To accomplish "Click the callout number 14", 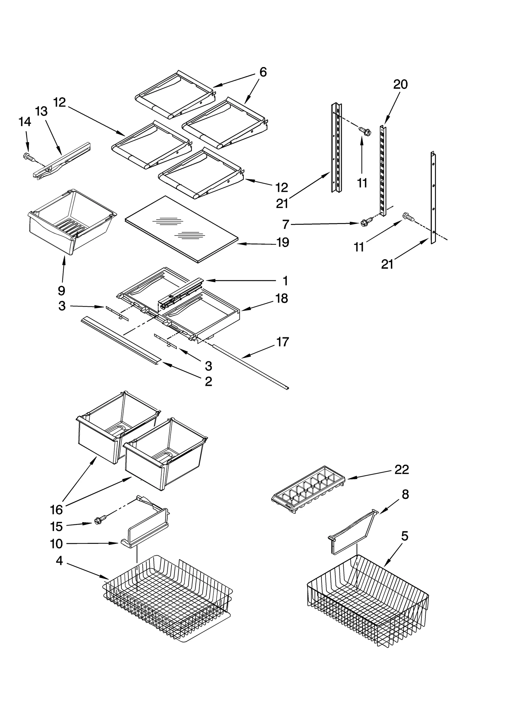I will point(25,122).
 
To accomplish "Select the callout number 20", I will point(400,85).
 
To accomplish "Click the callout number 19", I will point(283,243).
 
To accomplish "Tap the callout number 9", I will point(62,290).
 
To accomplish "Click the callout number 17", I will point(282,342).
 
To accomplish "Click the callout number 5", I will point(404,536).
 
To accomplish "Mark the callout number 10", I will point(56,544).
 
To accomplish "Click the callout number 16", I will point(56,510).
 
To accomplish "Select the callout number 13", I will point(41,111).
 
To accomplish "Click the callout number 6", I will point(263,72).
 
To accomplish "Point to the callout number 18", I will point(282,298).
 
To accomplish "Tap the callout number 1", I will point(285,281).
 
